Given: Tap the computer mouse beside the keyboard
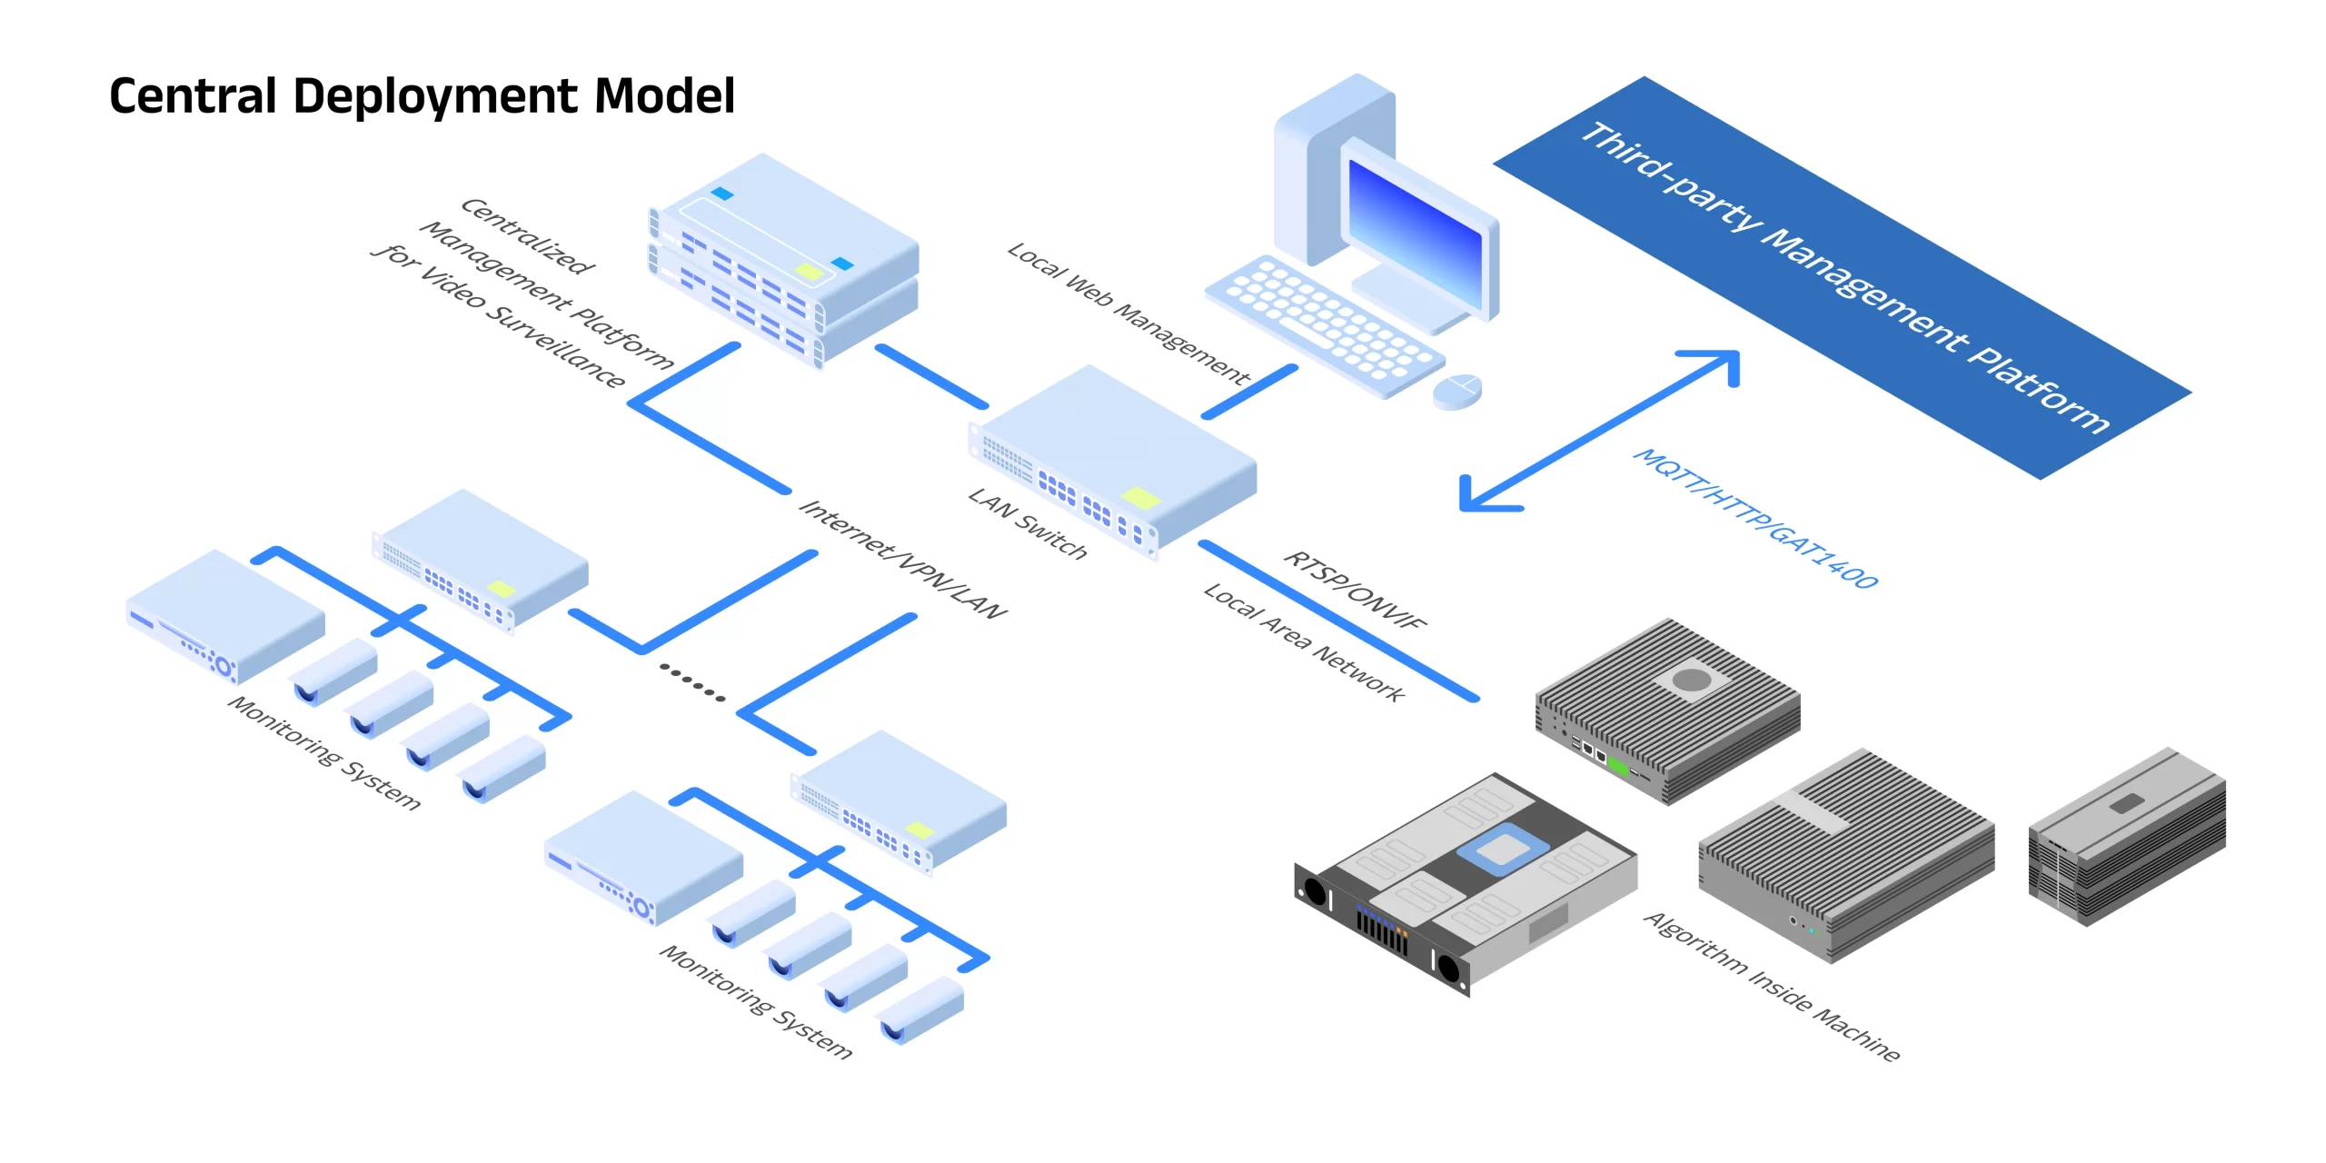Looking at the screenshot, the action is [1456, 391].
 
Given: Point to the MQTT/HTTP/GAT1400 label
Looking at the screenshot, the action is [1755, 518].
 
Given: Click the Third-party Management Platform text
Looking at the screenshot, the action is [1844, 277].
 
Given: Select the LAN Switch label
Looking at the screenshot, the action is [1028, 523].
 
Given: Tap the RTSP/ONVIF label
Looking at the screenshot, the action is [1355, 590].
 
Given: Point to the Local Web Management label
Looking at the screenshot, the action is [1128, 313].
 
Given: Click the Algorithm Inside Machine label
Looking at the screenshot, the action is [1772, 987].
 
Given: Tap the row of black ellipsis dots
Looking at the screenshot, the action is [692, 682].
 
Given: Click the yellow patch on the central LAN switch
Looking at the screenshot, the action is [1141, 498].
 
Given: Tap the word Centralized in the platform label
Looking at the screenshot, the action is [528, 235].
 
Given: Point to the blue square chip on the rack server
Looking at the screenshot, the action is [722, 194].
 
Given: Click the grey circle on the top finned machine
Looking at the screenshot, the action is [1691, 679].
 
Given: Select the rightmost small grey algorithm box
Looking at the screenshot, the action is [2127, 836].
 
